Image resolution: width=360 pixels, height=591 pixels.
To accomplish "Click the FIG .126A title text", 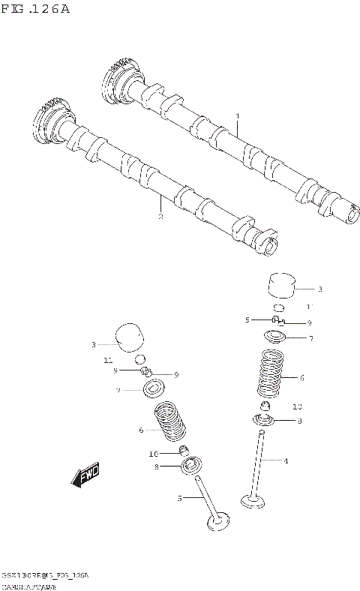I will (34, 9).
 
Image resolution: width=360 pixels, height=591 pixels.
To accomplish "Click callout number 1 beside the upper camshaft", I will (237, 116).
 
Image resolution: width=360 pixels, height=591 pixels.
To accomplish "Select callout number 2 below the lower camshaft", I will (160, 216).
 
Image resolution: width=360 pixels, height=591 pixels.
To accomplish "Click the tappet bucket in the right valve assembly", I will (280, 287).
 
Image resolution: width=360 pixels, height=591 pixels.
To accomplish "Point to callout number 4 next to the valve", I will (285, 460).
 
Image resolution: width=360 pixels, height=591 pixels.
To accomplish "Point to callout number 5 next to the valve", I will (180, 498).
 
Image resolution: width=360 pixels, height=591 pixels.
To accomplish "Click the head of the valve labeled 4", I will (253, 500).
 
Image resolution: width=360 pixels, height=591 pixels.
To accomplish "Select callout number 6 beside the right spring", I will (301, 378).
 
